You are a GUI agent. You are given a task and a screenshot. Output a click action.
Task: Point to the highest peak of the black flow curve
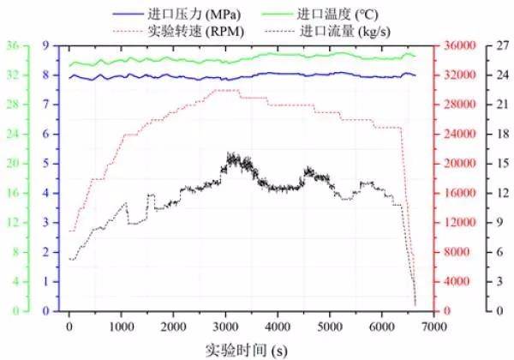pyautogui.click(x=229, y=154)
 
